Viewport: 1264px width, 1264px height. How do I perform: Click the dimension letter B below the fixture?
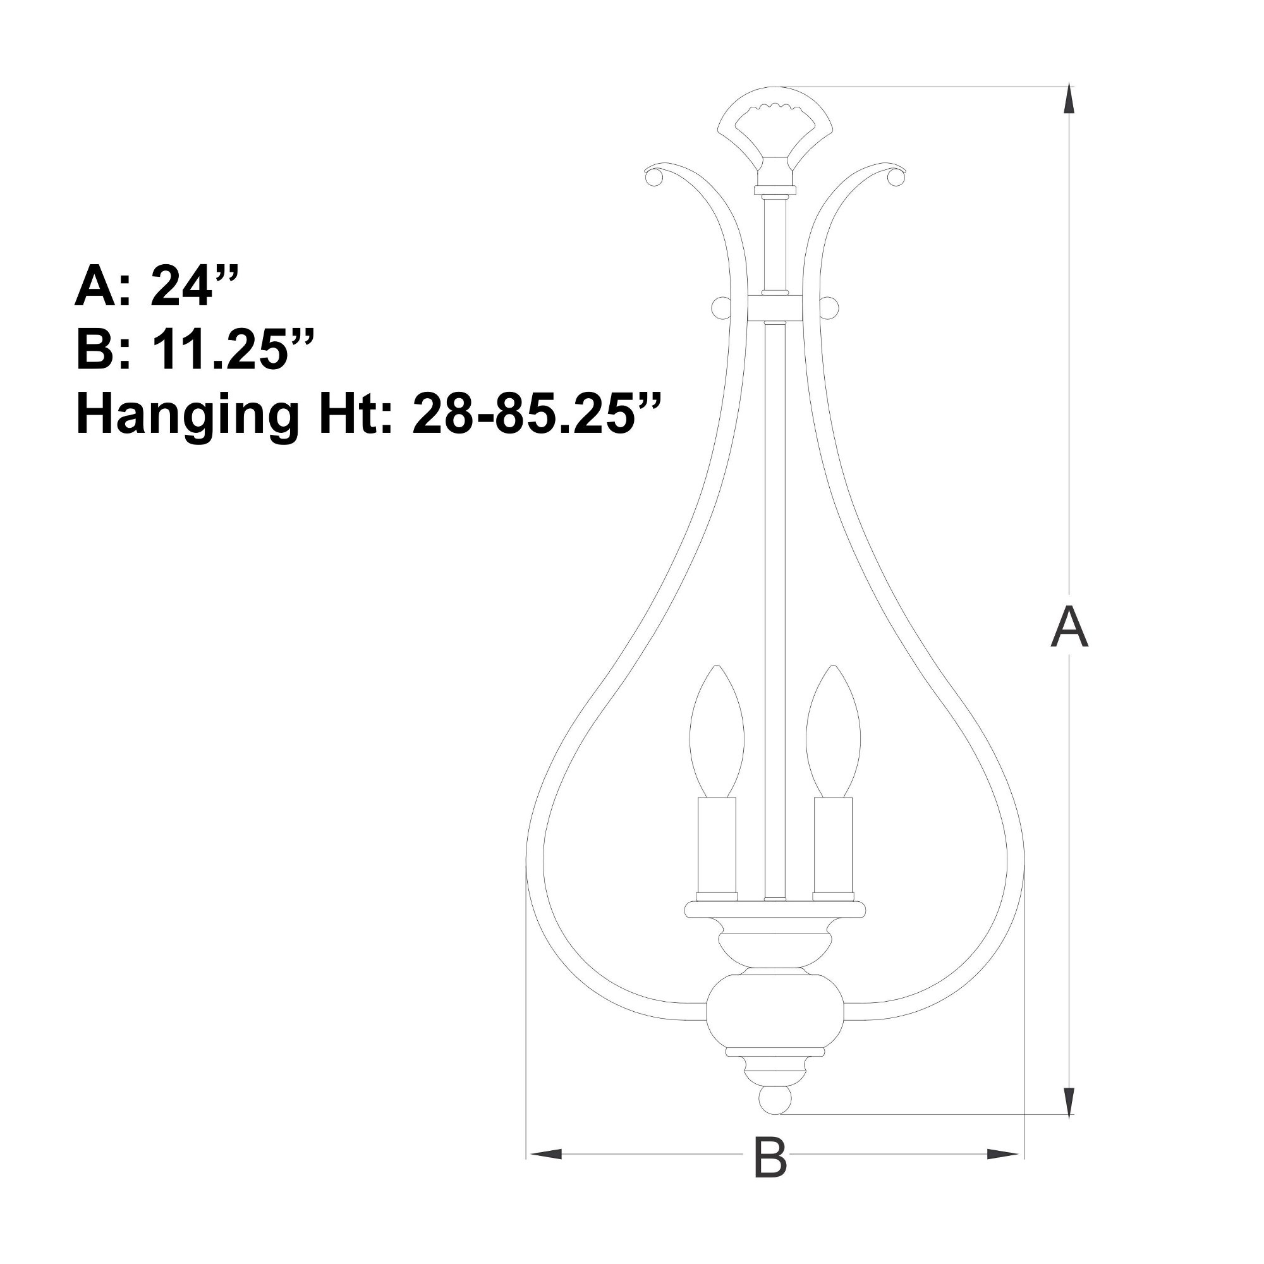(x=770, y=1172)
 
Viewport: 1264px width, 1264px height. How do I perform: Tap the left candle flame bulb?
(x=718, y=731)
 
